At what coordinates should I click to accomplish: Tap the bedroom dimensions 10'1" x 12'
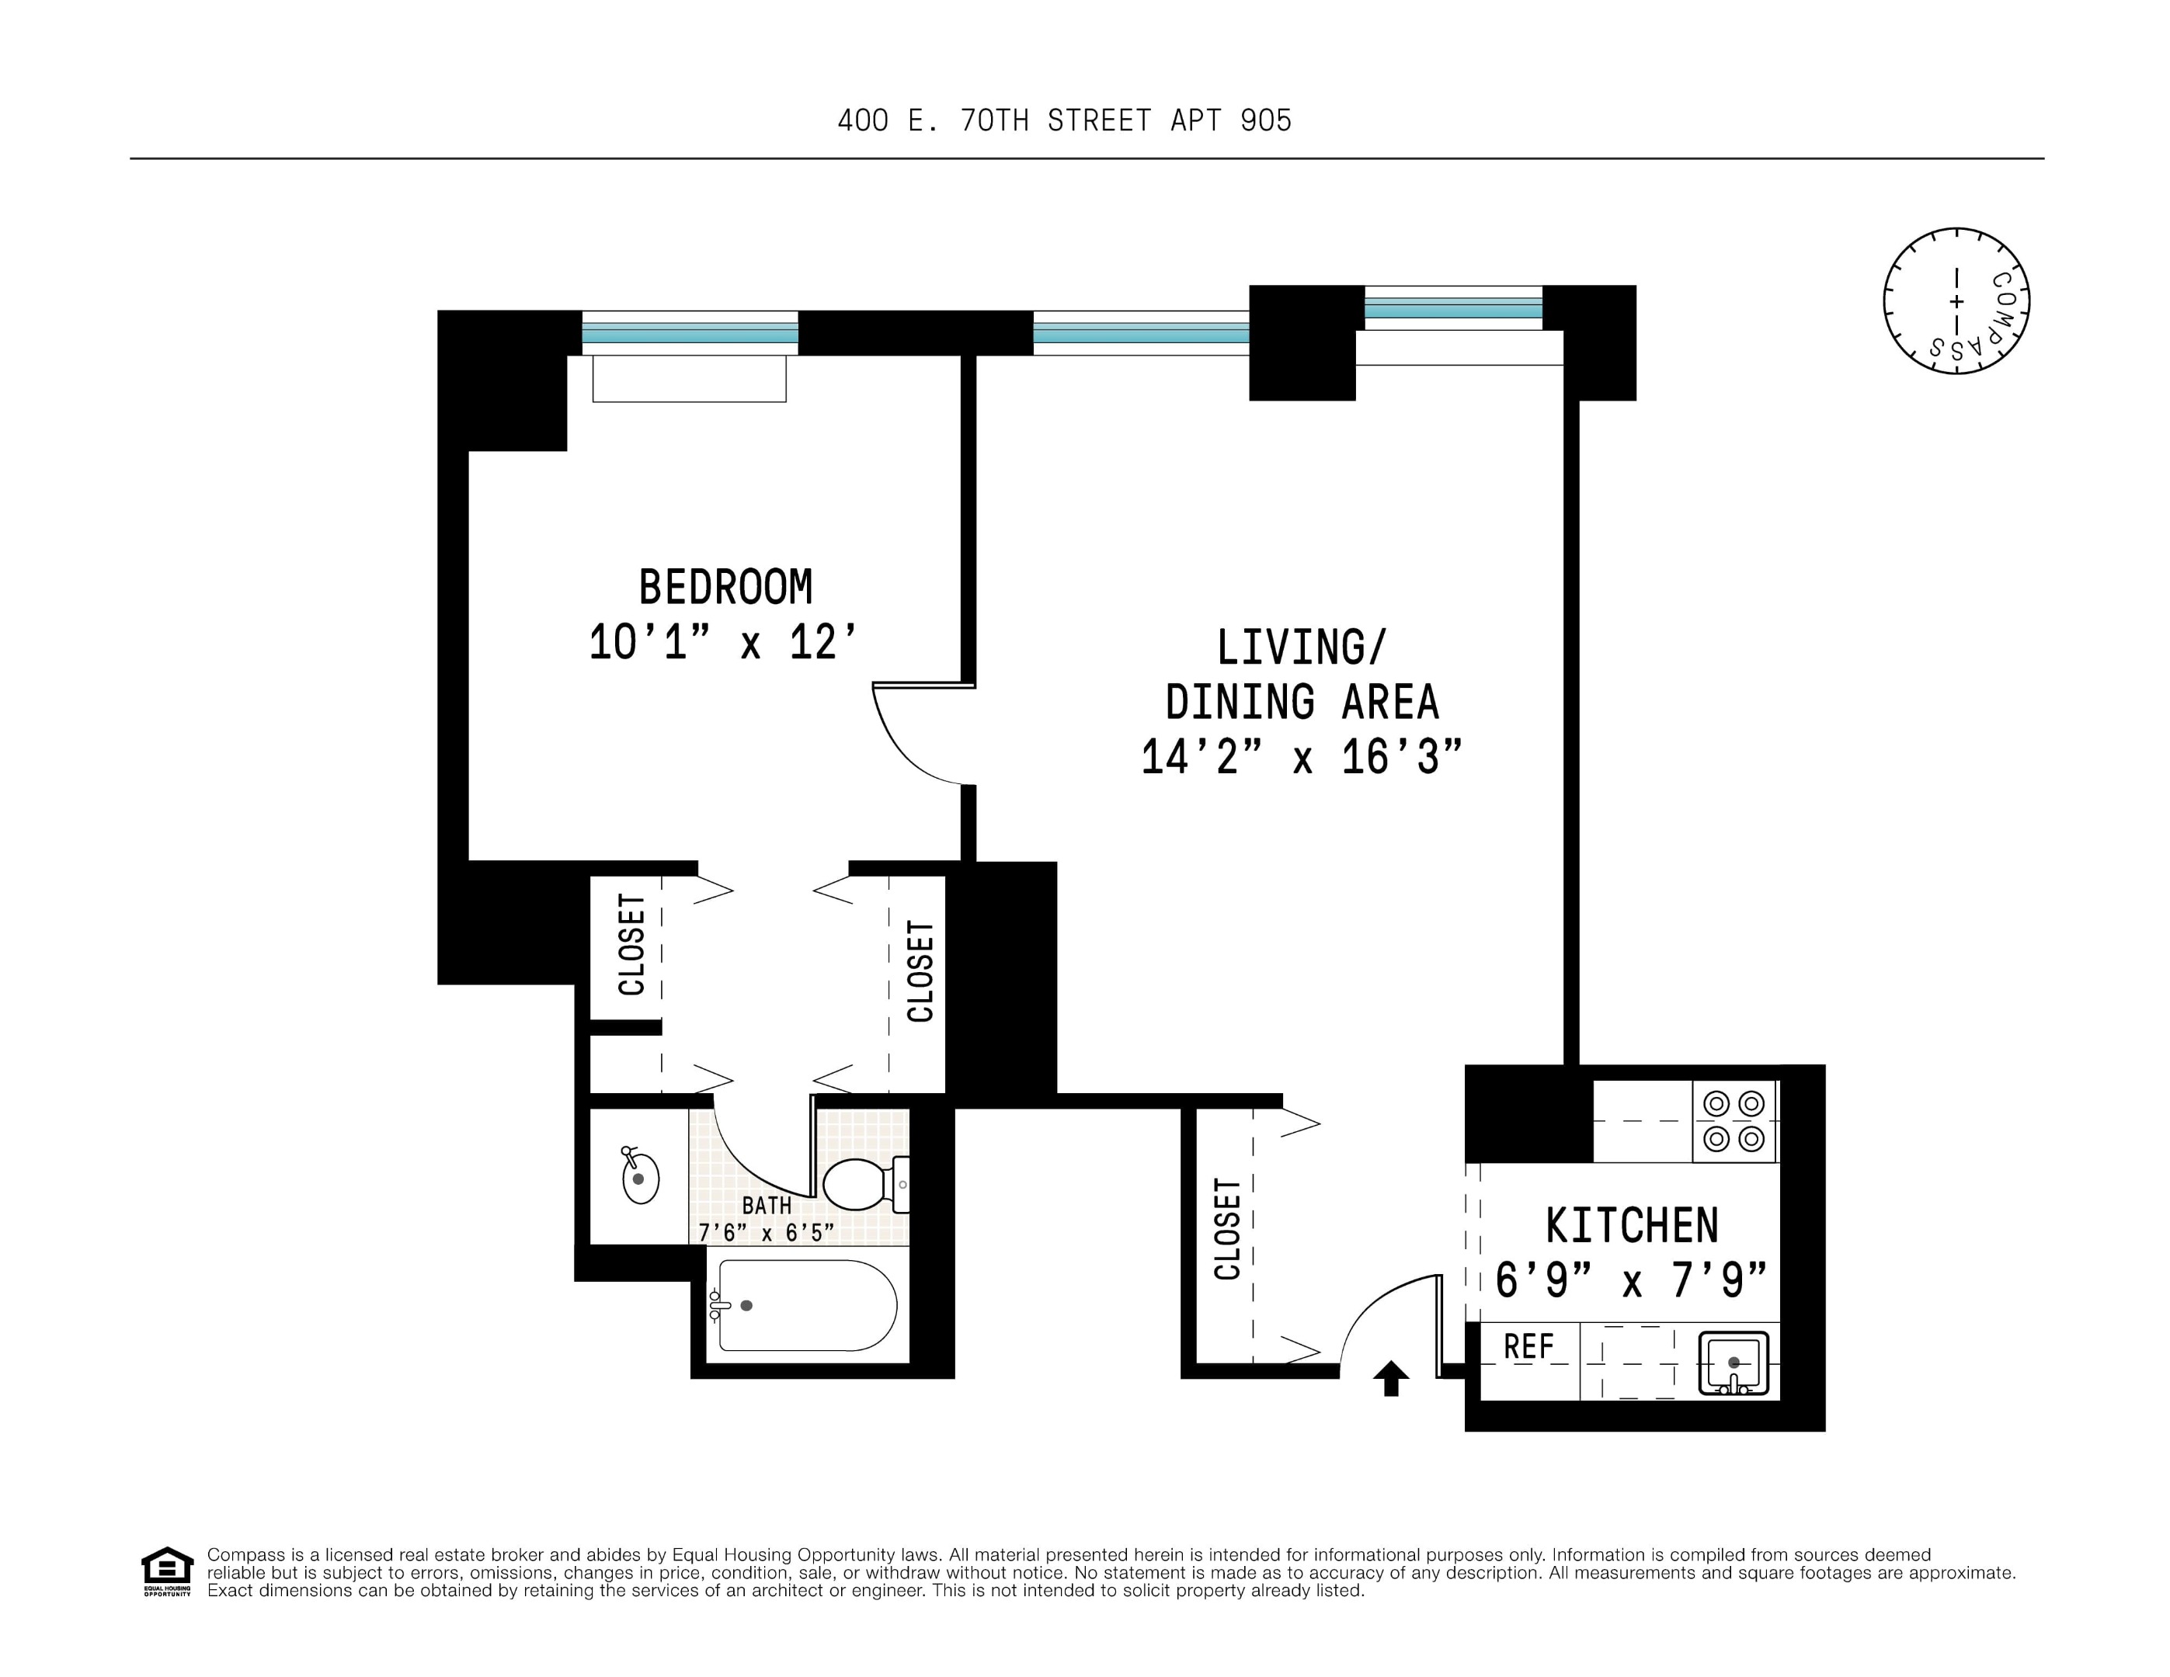(722, 643)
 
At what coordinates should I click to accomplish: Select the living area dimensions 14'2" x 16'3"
(1301, 757)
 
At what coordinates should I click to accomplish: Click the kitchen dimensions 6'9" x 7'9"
(1632, 1279)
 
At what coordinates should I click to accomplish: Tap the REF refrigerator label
(1528, 1347)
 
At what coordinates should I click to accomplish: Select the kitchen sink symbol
(1734, 1363)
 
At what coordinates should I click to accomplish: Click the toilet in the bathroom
(862, 1183)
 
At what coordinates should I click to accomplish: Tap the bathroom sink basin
(640, 1179)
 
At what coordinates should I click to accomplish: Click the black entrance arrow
(1391, 1377)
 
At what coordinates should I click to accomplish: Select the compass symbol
(1956, 301)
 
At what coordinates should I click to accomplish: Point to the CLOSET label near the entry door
(1227, 1229)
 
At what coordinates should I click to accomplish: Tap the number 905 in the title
(1266, 120)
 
